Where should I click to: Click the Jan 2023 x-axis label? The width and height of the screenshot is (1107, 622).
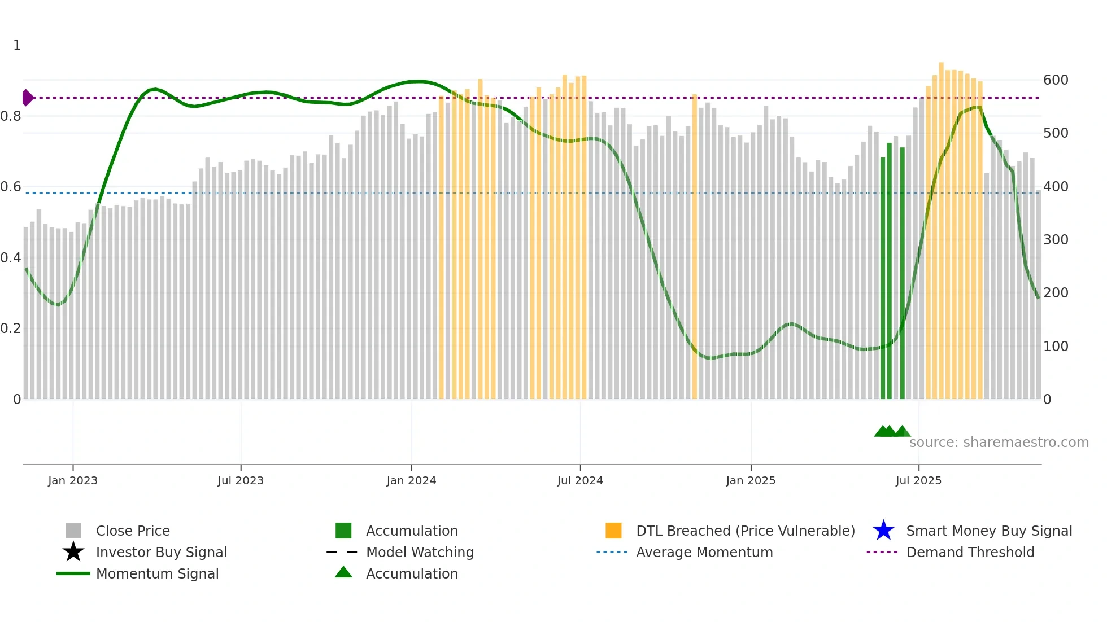pos(73,480)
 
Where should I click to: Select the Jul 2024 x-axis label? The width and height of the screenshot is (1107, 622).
pos(580,480)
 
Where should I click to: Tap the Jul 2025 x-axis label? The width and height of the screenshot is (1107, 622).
pos(918,480)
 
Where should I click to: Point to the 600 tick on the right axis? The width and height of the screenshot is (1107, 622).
pos(1056,80)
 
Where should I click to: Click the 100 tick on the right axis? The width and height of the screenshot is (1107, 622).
pos(1056,346)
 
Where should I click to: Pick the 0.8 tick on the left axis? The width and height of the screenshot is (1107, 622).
pos(11,116)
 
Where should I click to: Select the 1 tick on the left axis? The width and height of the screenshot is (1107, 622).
pos(17,45)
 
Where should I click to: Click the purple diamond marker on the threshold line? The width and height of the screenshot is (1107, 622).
pos(27,98)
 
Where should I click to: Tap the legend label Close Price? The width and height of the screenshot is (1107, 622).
pos(133,531)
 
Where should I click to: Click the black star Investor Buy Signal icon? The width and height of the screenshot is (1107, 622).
pos(73,552)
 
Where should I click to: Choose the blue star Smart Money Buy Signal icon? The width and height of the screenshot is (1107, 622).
pos(883,531)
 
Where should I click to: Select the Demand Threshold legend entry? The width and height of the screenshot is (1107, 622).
pos(970,552)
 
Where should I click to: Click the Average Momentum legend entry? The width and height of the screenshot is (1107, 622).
pos(704,552)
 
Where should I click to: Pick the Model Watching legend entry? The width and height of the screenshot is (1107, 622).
pos(419,552)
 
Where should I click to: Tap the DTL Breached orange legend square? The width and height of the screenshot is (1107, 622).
pos(613,531)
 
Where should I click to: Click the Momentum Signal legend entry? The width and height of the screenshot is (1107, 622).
pos(157,573)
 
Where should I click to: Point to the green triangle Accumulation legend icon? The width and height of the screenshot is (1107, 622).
pos(343,572)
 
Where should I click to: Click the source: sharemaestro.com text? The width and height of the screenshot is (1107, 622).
pos(999,442)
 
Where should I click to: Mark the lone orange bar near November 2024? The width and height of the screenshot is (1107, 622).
pos(694,248)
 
